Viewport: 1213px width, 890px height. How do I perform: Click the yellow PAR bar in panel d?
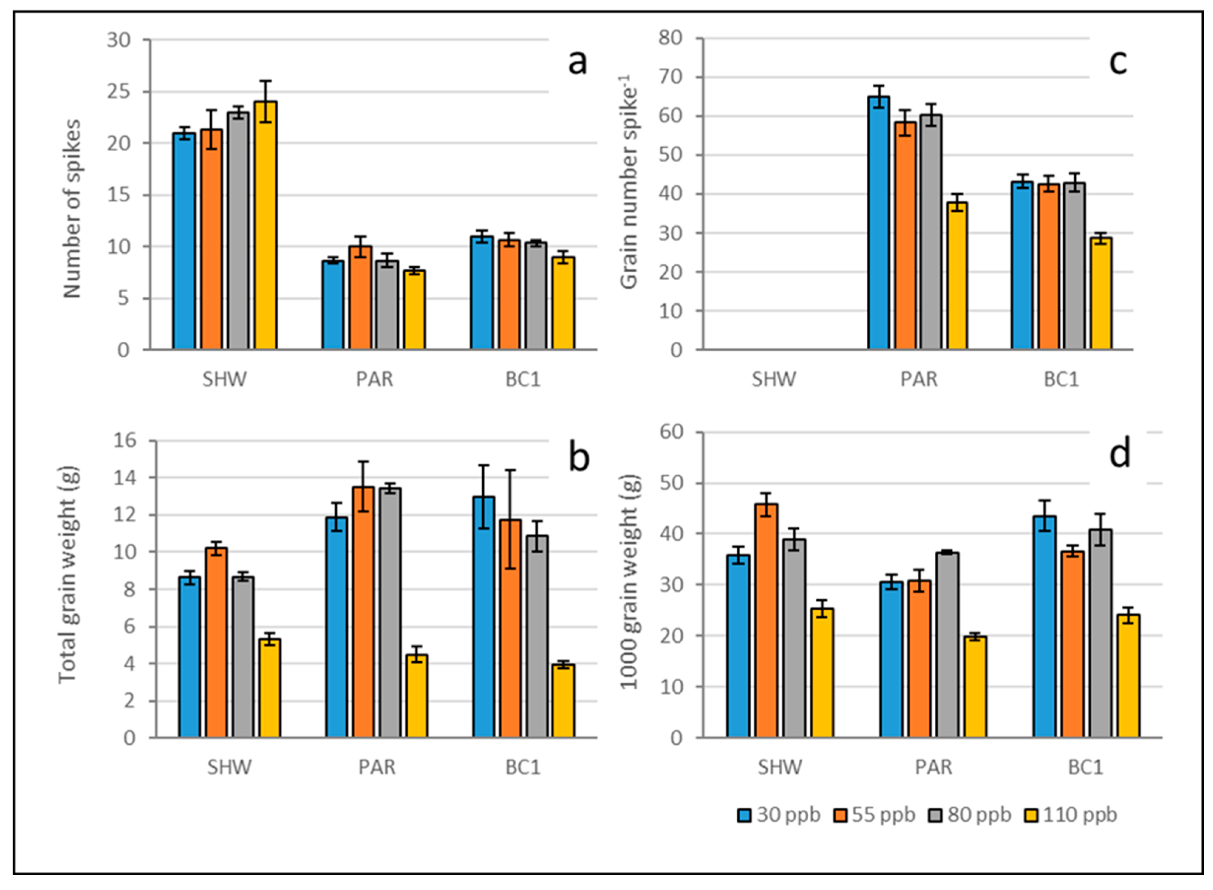point(975,687)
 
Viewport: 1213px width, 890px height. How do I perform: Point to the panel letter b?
point(579,458)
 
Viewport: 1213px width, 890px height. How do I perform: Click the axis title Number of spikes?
point(72,209)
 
